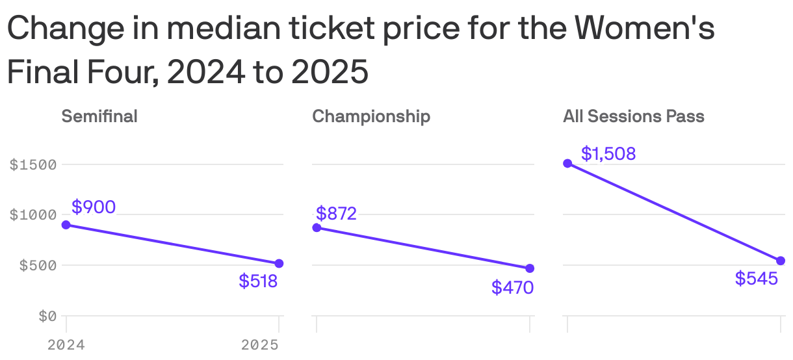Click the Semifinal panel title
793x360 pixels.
coord(99,116)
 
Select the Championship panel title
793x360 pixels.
coord(371,116)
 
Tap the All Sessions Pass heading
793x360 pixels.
coord(634,116)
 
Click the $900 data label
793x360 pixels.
coord(94,207)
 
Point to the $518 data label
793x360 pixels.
coord(258,281)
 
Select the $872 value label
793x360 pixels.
coord(336,213)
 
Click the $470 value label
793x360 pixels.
coord(512,287)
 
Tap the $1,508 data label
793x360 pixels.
coord(608,154)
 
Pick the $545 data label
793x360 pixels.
coord(757,279)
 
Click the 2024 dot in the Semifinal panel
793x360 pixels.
coord(66,225)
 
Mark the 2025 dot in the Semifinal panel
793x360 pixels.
coord(279,263)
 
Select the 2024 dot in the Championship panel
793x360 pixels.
coord(317,227)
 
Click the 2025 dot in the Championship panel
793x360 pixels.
coord(530,268)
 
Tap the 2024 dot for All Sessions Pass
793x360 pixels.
coord(567,163)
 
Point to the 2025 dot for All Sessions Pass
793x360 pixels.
coord(781,261)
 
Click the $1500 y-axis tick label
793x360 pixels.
coord(33,164)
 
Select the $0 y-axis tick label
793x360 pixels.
coord(47,316)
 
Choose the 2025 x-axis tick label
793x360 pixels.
coord(260,345)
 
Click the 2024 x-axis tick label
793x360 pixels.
coord(66,345)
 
